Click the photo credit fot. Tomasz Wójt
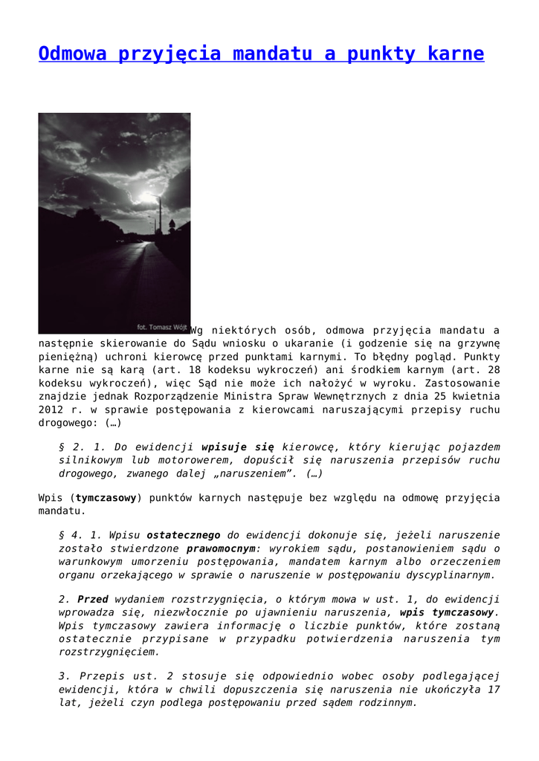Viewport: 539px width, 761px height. click(x=162, y=326)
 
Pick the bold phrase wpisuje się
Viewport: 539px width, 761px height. click(x=238, y=447)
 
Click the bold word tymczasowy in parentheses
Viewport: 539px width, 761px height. click(x=106, y=498)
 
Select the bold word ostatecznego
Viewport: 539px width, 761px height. click(x=184, y=535)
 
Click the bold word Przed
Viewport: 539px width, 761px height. click(x=93, y=599)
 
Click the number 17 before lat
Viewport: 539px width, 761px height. click(x=494, y=689)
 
